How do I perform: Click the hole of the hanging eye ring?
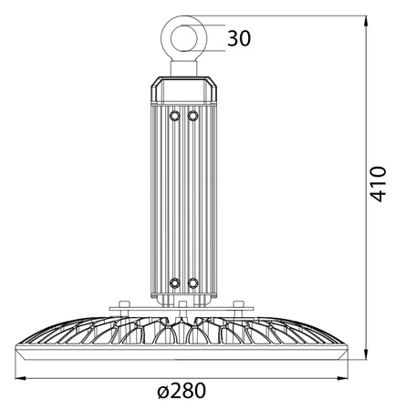coord(182,37)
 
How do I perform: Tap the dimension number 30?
coord(238,38)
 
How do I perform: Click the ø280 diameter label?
coord(181,391)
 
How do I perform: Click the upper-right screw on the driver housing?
coord(192,116)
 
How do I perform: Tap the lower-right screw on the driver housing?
coord(192,283)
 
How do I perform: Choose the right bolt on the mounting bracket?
coord(238,304)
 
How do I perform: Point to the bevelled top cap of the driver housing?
coord(182,87)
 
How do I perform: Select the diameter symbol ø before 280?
coord(161,392)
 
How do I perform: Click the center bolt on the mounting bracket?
coord(182,304)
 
